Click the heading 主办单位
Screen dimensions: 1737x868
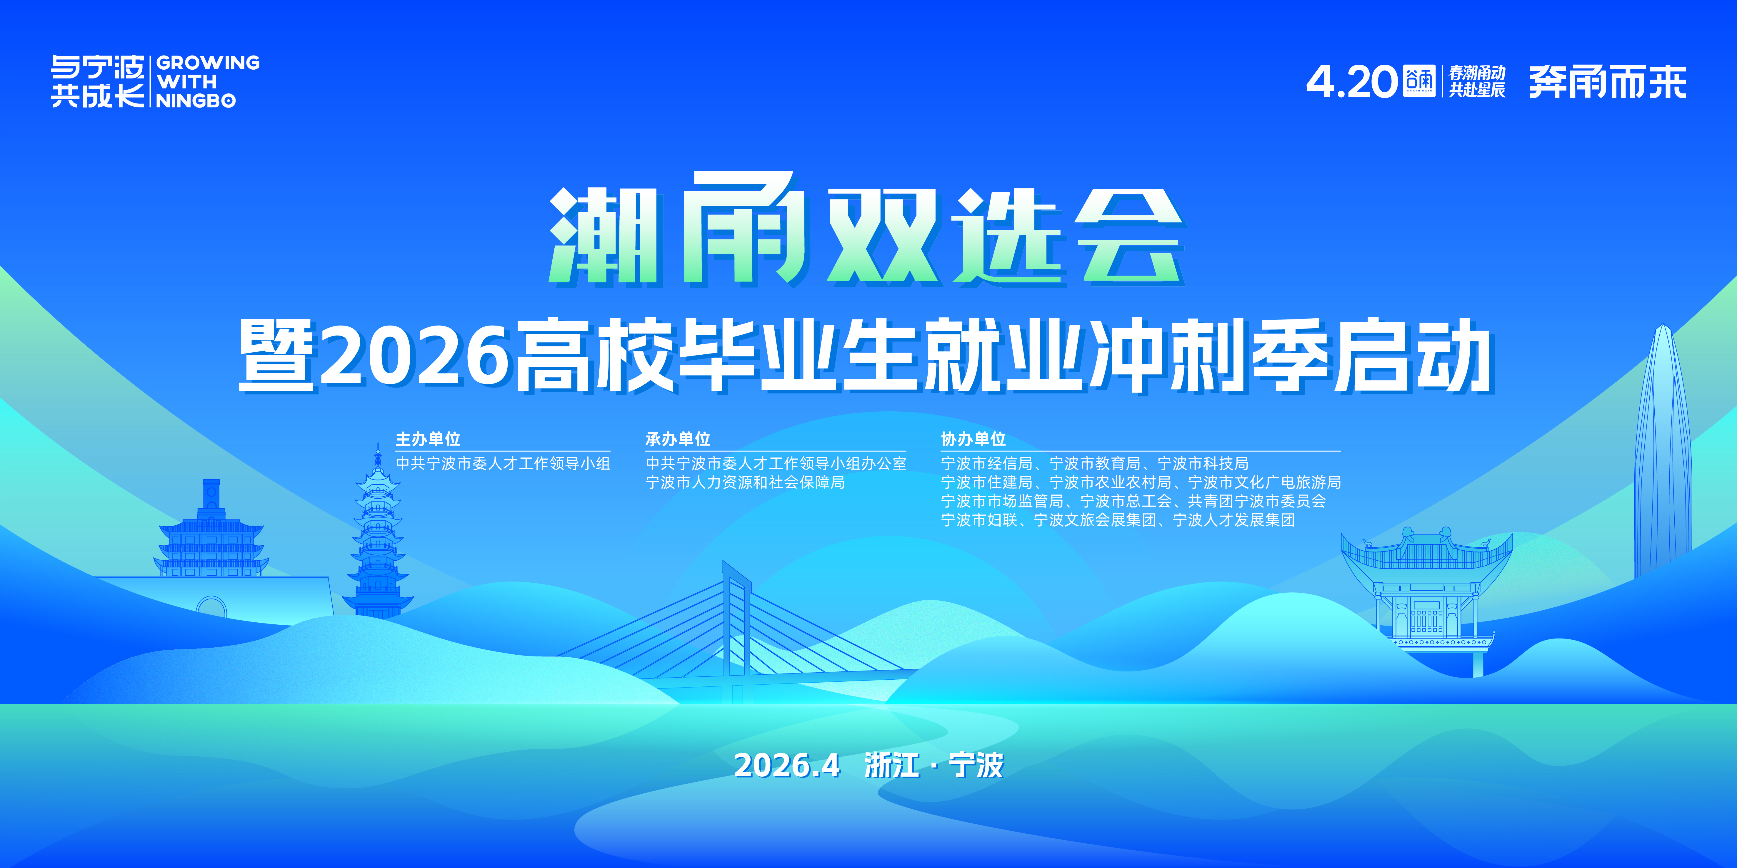[x=428, y=439]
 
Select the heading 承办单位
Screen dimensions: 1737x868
[x=678, y=439]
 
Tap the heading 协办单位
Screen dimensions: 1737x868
[x=973, y=439]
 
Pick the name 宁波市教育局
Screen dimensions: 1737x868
[x=1094, y=464]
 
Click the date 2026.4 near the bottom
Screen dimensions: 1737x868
[x=787, y=765]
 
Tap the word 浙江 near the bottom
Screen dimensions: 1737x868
[x=891, y=765]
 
